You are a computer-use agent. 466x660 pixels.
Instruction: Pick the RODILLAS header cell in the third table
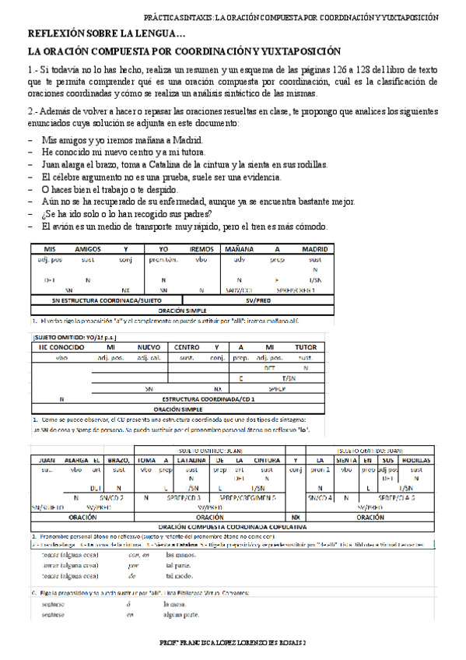[x=416, y=460]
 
